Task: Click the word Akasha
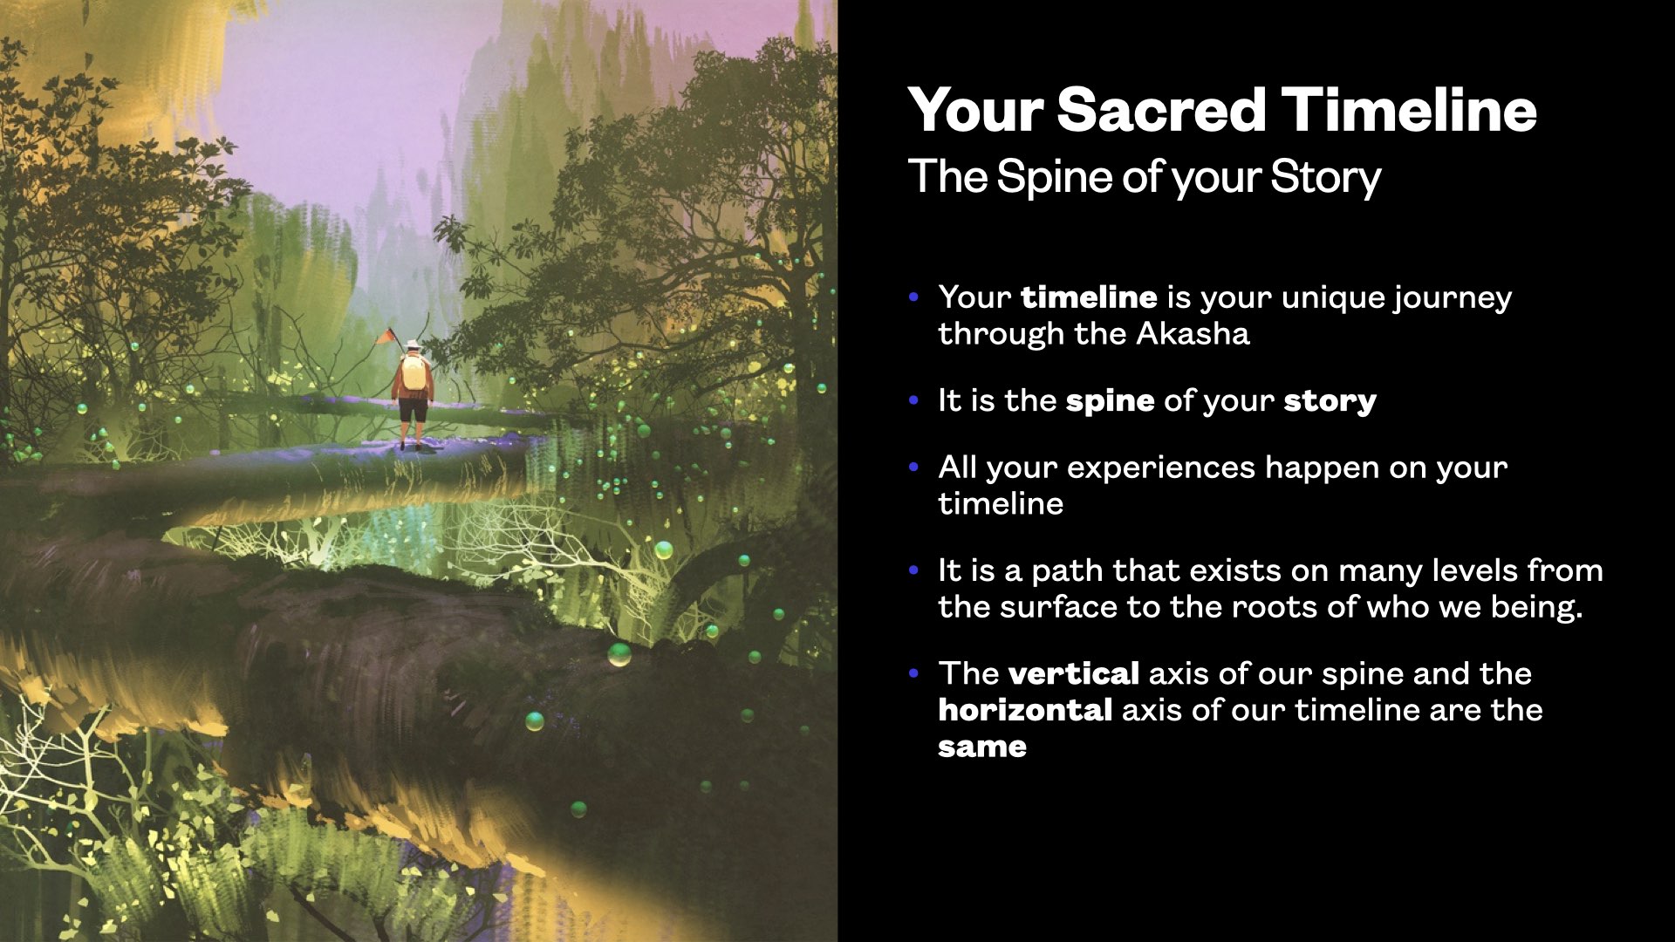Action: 1193,333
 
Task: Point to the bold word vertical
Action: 1074,673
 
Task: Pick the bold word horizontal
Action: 1025,710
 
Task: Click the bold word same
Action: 982,747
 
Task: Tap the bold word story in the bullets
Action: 1330,401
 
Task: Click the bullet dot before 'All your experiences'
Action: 914,468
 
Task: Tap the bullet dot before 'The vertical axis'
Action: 914,673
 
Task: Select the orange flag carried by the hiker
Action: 385,336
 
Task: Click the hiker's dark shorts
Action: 414,408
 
